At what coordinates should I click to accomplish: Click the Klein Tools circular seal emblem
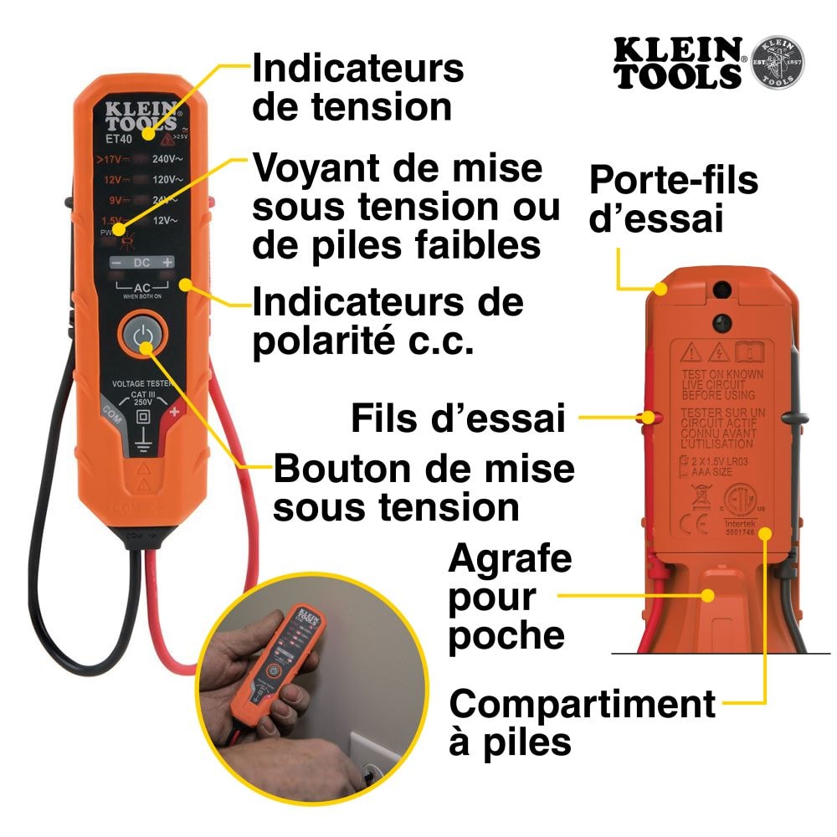(x=778, y=63)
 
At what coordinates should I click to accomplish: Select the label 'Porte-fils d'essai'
(x=673, y=200)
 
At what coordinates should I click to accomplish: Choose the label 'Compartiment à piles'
(x=582, y=721)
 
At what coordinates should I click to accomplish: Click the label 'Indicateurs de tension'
(x=357, y=88)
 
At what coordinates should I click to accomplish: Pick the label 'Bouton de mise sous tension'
(x=424, y=488)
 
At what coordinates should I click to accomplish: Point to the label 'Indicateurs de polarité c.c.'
(x=388, y=322)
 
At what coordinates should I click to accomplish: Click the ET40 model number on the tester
(x=118, y=132)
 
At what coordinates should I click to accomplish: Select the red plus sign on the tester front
(x=174, y=412)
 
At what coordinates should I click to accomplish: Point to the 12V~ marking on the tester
(x=164, y=221)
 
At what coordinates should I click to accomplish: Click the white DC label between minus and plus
(x=142, y=263)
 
